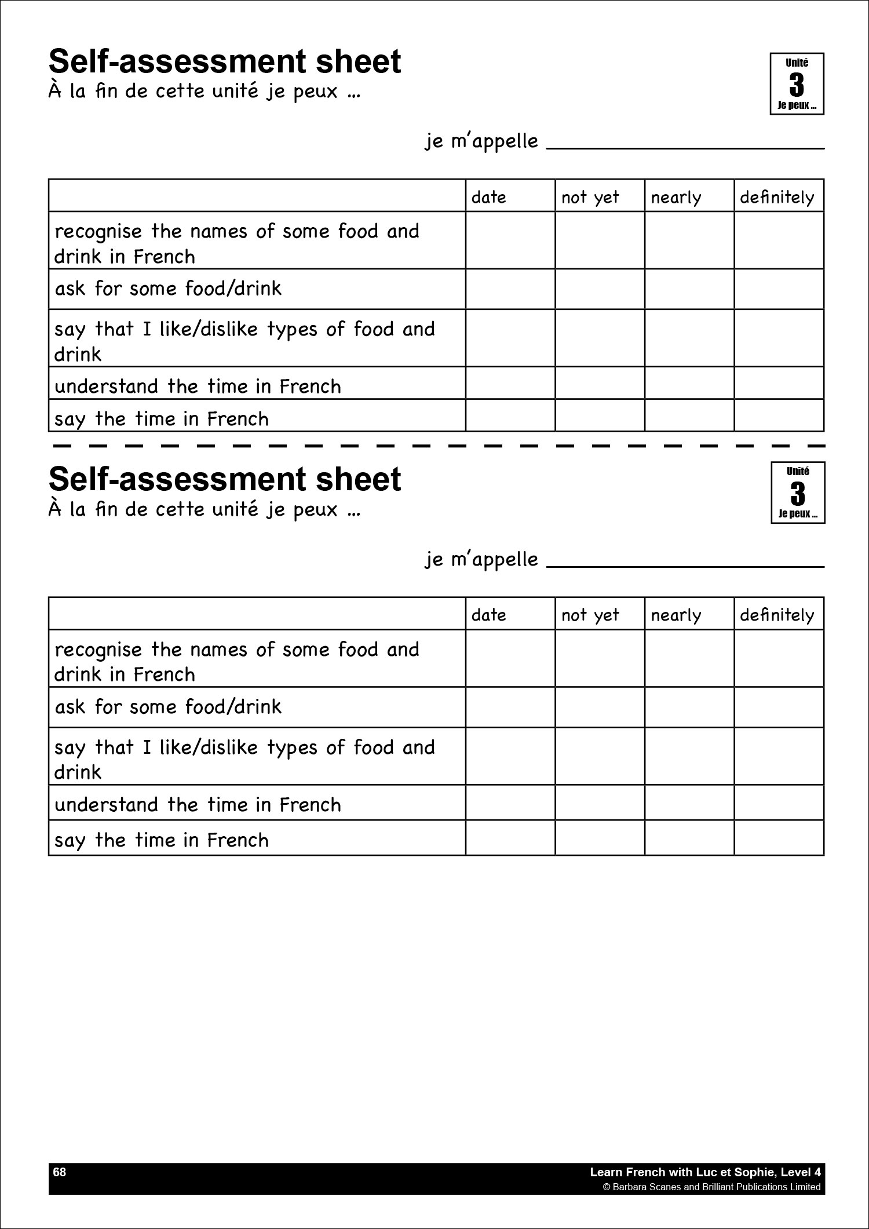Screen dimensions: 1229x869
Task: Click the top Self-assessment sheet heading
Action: coord(225,62)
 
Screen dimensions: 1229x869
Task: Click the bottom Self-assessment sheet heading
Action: coord(225,479)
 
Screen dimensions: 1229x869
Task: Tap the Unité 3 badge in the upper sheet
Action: coord(797,84)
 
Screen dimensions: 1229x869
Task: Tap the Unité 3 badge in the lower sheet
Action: coord(798,493)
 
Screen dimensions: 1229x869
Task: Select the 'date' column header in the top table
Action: coord(489,198)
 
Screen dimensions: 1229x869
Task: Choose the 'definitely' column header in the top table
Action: coord(777,198)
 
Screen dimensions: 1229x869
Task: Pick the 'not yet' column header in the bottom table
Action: coord(590,615)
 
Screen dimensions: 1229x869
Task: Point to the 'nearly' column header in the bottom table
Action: coord(676,615)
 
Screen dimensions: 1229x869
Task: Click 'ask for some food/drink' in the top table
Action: coord(168,289)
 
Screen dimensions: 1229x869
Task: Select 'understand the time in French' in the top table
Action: coord(198,386)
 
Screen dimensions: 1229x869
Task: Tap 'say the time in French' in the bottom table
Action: coord(162,840)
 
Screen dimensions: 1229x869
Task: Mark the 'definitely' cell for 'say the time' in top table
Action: coord(779,415)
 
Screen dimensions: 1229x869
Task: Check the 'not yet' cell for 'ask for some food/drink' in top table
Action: coord(600,289)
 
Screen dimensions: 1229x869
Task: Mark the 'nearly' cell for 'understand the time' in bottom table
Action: coord(689,803)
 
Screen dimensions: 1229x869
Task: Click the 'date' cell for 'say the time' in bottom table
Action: coord(510,838)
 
